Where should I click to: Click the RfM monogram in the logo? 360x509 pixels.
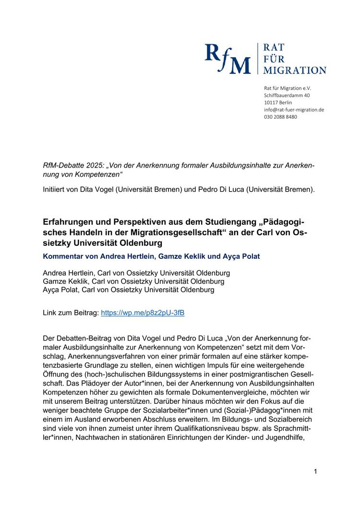click(x=228, y=59)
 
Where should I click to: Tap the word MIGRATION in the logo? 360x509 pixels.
click(x=295, y=70)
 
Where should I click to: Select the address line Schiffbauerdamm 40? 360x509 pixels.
click(x=287, y=95)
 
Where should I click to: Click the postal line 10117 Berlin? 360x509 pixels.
click(x=278, y=102)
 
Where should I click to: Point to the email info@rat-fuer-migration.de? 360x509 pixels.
click(x=294, y=109)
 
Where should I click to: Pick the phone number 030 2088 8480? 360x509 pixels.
click(x=280, y=117)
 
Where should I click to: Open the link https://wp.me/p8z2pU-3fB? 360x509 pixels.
click(x=143, y=313)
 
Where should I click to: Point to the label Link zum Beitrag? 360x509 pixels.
click(x=71, y=313)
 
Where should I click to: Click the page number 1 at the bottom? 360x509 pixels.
click(x=315, y=472)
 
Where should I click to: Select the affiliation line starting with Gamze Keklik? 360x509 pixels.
click(x=133, y=281)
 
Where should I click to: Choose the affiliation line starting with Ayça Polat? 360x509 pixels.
click(x=129, y=290)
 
